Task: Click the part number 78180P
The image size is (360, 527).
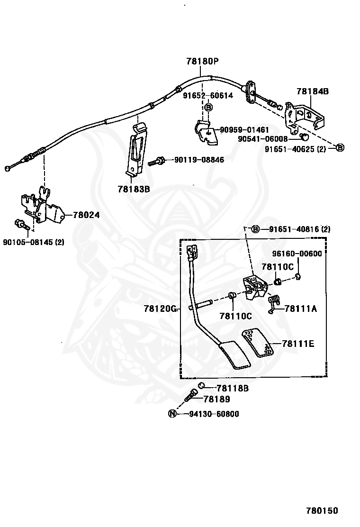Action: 202,61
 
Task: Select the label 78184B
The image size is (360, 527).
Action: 312,91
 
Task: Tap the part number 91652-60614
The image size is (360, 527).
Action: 208,95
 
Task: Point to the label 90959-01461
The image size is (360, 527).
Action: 244,130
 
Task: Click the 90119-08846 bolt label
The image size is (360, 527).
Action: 199,160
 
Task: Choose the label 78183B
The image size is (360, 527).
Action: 134,189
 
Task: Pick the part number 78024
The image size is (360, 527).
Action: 86,215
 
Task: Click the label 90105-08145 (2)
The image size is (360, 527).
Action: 34,242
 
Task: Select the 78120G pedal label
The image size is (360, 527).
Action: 160,308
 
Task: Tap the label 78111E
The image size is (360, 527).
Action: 298,344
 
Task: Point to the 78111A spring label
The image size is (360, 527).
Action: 301,308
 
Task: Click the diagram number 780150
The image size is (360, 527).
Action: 322,511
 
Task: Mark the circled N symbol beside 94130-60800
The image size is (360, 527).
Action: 172,414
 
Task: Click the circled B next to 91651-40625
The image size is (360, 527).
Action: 340,147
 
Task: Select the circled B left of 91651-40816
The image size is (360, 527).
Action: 255,229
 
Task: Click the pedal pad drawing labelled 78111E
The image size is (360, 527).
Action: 258,343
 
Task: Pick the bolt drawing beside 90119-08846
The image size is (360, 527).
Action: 156,161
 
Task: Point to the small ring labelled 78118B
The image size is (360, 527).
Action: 201,385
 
